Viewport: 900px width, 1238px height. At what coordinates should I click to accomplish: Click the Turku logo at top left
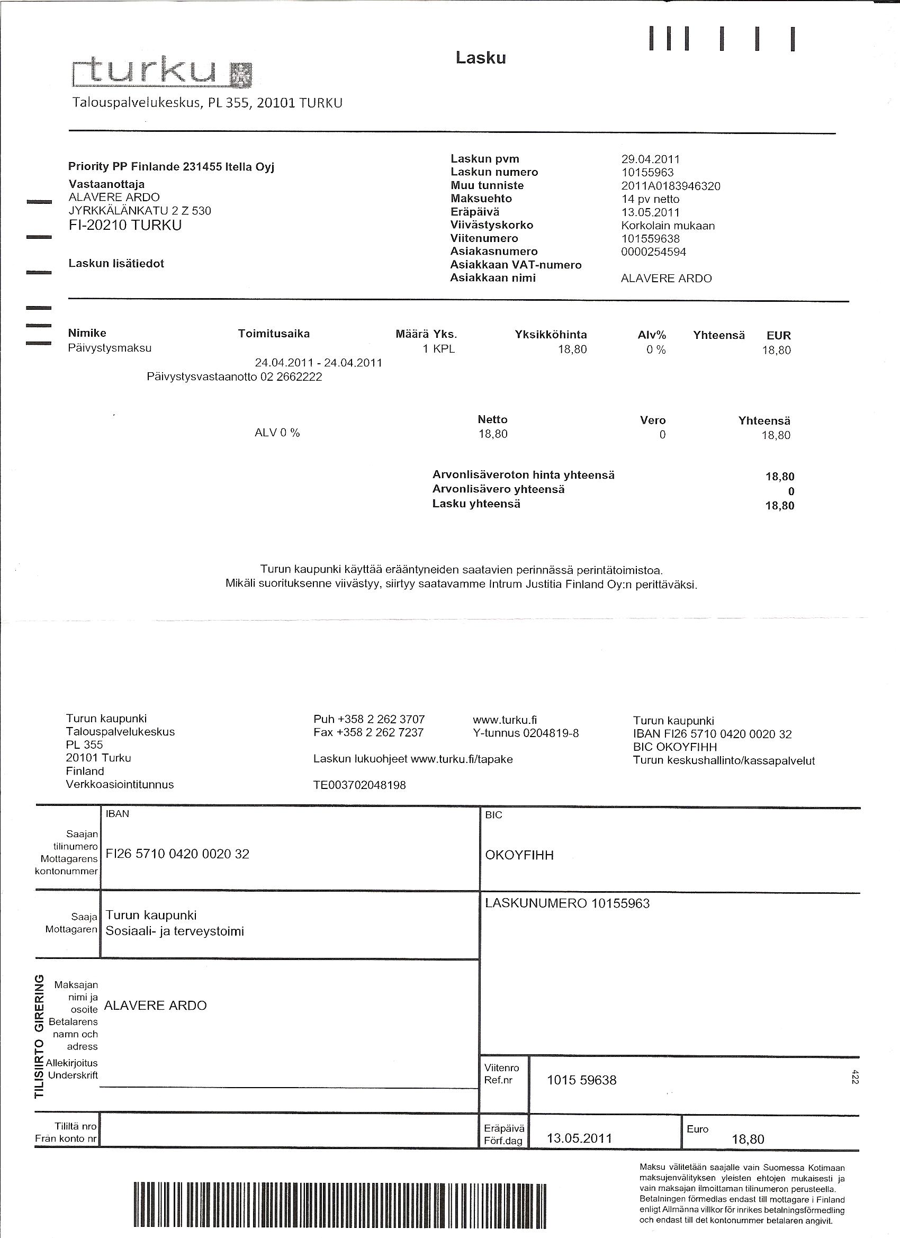point(163,74)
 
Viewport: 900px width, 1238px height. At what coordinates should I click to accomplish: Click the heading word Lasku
point(481,58)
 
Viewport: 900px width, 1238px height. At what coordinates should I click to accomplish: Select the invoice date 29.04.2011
point(650,159)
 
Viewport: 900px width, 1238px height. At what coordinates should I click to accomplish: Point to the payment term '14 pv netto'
point(650,199)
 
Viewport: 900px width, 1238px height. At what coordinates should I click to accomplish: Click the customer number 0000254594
point(653,252)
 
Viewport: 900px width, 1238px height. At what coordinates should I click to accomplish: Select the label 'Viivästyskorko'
point(491,225)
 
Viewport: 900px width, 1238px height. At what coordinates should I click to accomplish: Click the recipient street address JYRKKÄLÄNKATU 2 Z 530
point(140,211)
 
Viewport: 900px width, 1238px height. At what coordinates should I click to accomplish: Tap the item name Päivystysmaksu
point(110,348)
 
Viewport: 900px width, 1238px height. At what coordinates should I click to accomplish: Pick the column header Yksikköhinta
point(550,335)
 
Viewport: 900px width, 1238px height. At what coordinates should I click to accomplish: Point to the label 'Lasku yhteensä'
point(476,504)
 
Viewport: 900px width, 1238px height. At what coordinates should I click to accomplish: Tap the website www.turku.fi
point(505,720)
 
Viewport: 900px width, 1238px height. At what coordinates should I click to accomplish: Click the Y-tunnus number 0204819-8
point(551,733)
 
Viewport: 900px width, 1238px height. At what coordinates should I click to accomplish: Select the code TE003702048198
point(359,785)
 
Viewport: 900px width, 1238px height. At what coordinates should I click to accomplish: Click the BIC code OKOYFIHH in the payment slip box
point(519,855)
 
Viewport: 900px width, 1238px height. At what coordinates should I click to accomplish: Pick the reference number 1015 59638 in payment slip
point(581,1080)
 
